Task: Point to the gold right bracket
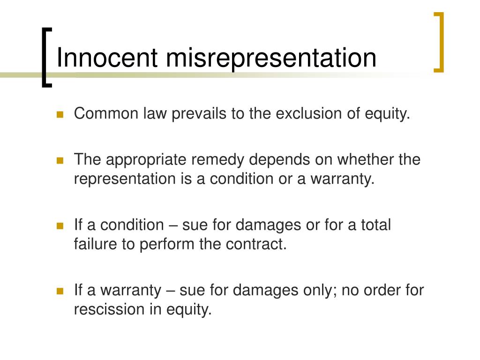439,42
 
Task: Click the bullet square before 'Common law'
60,115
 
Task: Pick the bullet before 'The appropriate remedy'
60,160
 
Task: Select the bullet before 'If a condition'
60,225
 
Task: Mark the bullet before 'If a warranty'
60,291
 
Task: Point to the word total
375,225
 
